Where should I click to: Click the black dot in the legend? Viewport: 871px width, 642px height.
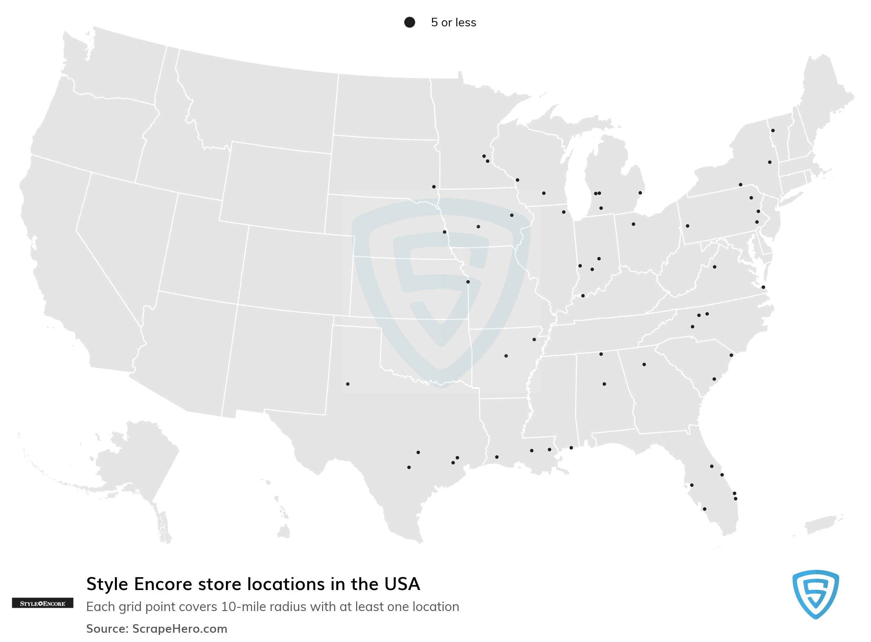(x=409, y=22)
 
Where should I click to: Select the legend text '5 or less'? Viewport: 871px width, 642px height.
(x=453, y=22)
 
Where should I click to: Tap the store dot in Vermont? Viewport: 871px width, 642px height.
(x=772, y=131)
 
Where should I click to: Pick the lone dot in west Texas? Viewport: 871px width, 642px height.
(x=348, y=384)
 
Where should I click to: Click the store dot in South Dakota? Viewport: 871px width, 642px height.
(x=434, y=187)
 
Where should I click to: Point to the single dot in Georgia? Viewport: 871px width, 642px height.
(x=644, y=365)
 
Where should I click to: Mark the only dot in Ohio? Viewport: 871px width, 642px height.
(x=633, y=224)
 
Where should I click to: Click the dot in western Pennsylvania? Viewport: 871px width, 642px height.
(x=687, y=226)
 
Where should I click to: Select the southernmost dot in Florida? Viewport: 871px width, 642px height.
(x=704, y=509)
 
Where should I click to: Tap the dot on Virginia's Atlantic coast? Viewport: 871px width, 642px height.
(x=763, y=287)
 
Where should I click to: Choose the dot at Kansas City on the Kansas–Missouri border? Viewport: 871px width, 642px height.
(x=468, y=282)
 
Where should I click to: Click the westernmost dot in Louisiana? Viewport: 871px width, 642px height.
(x=497, y=457)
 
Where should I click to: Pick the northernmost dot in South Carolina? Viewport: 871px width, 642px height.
(x=731, y=355)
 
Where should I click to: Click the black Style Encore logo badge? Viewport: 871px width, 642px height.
(x=43, y=603)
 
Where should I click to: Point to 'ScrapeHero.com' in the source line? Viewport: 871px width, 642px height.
(x=180, y=629)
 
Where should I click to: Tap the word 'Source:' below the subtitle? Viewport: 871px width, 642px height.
(x=107, y=629)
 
